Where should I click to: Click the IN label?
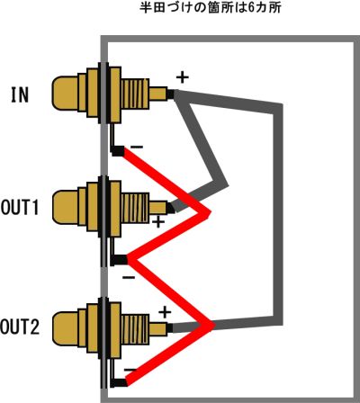[20, 94]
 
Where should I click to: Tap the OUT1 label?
[20, 207]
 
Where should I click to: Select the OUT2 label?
[20, 327]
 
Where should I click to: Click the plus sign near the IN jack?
[182, 77]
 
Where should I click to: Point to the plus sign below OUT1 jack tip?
[158, 222]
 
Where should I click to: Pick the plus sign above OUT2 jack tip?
[165, 312]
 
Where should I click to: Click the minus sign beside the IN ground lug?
[137, 147]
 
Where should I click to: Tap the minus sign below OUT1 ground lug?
[129, 277]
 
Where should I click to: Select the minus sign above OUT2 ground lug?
[130, 370]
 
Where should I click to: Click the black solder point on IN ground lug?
[117, 151]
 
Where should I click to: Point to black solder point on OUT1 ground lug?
[119, 260]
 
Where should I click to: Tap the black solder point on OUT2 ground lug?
[119, 382]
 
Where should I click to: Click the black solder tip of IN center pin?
[170, 94]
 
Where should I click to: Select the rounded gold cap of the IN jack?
[65, 93]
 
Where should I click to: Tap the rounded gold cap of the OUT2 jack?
[65, 328]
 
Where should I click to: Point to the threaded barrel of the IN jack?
[135, 94]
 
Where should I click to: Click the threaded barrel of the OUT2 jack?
[135, 328]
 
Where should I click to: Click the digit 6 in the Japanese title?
[253, 8]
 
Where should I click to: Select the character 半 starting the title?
[146, 8]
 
